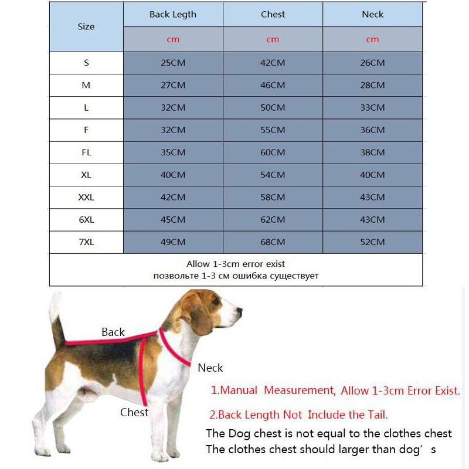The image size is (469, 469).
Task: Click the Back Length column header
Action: tap(173, 14)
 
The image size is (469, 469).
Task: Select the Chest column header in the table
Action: tap(273, 14)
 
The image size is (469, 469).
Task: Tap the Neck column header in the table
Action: tap(372, 14)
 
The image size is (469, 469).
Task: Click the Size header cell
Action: tap(86, 26)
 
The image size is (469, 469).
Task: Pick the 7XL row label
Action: tap(86, 242)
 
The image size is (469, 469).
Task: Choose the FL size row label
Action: tap(86, 152)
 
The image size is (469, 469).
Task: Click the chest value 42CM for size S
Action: tap(273, 63)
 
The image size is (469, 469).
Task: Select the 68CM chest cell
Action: tap(273, 242)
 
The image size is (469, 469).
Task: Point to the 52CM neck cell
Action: tap(372, 242)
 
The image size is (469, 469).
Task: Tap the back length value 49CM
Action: tap(173, 242)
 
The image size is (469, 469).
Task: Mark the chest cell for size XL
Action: tap(273, 175)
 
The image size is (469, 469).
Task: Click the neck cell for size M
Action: tap(372, 85)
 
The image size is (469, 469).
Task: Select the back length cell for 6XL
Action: tap(173, 220)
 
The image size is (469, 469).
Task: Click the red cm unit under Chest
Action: tap(273, 40)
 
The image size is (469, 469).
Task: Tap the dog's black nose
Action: tap(239, 311)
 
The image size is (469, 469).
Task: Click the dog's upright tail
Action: tap(56, 317)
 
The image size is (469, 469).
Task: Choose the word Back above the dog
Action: tap(113, 332)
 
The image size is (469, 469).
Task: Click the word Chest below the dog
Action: tap(134, 412)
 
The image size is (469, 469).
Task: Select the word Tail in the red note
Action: tap(375, 414)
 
